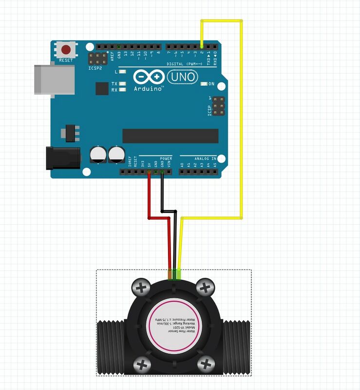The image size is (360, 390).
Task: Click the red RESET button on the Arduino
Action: coord(66,49)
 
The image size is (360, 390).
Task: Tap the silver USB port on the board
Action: coord(54,79)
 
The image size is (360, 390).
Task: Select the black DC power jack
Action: coord(63,158)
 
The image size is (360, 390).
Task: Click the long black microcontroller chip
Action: coord(170,136)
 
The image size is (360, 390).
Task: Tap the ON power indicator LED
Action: coord(204,84)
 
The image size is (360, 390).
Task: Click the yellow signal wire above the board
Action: coord(222,21)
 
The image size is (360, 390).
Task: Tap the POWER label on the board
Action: coord(166,159)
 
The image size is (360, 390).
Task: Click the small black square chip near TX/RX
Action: coord(102,88)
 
